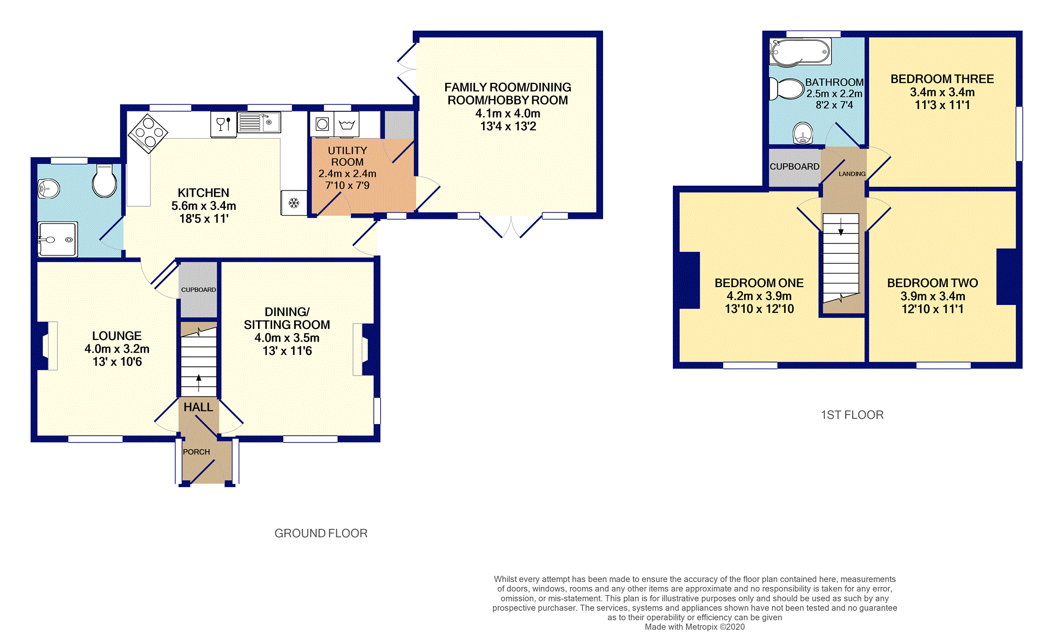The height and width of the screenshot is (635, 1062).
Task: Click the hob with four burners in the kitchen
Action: tap(148, 133)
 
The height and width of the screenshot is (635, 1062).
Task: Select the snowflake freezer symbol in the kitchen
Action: tap(294, 203)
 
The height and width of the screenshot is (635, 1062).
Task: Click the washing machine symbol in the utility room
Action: tap(322, 124)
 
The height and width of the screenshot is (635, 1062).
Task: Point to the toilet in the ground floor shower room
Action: tap(105, 181)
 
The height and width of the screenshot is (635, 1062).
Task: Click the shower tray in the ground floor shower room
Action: tap(58, 239)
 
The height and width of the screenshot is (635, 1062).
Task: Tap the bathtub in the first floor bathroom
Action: tap(800, 52)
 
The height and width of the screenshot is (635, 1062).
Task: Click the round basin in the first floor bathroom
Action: tap(803, 133)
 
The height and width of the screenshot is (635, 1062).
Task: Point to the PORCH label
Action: tap(196, 452)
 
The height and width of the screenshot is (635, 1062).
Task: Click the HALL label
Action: tap(198, 407)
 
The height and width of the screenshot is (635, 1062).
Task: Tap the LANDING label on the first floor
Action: tap(852, 174)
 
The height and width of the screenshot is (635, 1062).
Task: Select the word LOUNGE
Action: tap(117, 336)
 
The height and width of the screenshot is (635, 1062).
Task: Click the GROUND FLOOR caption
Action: tap(321, 533)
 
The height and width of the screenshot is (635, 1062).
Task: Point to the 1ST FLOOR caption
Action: tap(852, 415)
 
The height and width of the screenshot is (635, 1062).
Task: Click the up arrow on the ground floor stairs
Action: tap(199, 383)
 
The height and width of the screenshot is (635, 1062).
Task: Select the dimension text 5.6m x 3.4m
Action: tap(203, 206)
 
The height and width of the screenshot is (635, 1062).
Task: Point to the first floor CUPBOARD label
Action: tap(795, 167)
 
